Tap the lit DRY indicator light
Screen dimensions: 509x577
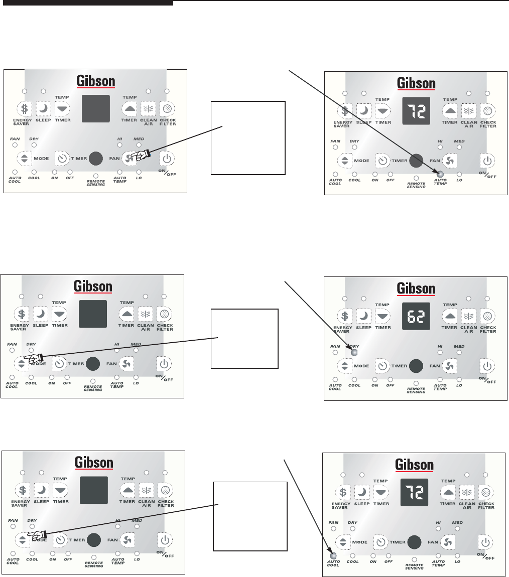[x=354, y=352]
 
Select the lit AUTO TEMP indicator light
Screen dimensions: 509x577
[x=440, y=174]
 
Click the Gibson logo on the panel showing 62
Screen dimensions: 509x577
[x=415, y=288]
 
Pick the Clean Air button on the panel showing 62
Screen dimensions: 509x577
[x=468, y=317]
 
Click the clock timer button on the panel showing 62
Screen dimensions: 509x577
[x=383, y=366]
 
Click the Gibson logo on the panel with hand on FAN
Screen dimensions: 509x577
[x=95, y=81]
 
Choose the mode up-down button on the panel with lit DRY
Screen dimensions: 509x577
[x=344, y=366]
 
